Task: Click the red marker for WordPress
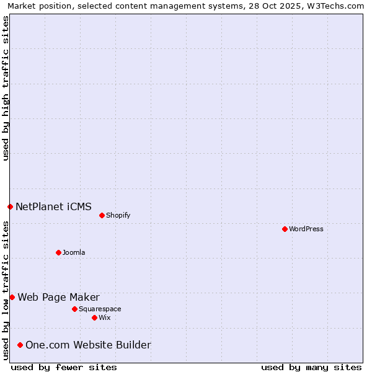285,229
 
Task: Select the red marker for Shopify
102,215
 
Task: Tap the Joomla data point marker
58,252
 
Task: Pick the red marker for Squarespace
74,309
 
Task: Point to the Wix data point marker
94,317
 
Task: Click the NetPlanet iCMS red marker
10,206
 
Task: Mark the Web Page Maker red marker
12,297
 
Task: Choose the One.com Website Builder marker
20,345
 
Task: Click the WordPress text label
306,229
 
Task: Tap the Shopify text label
118,215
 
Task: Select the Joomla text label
74,252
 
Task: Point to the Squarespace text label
100,309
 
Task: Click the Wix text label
105,317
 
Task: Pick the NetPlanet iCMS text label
53,206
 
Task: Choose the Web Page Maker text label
58,297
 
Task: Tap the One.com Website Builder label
88,345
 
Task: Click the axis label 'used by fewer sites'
64,367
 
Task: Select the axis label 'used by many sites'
311,367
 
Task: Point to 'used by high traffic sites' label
6,88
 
